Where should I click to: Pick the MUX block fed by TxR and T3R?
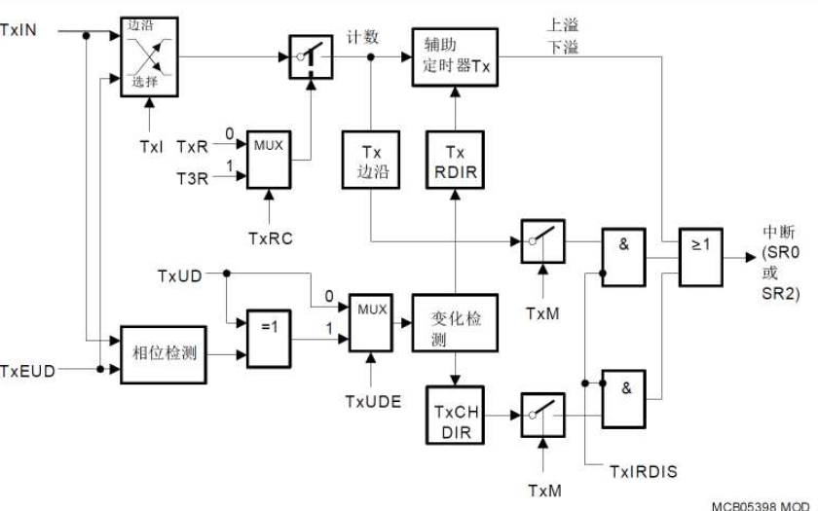(269, 157)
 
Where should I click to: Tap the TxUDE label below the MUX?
(372, 401)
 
